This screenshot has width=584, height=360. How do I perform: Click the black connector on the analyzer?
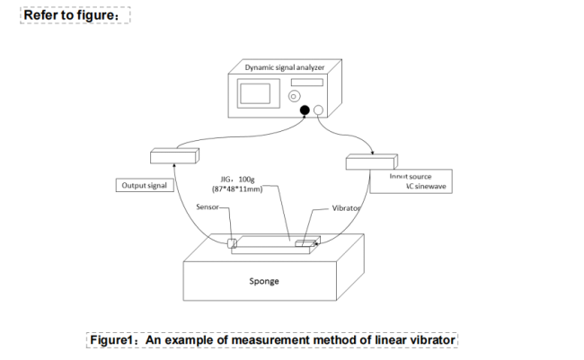click(305, 110)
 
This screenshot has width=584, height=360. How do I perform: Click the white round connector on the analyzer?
click(318, 110)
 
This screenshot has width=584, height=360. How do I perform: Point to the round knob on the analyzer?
click(294, 95)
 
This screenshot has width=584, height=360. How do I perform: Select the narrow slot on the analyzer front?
click(306, 83)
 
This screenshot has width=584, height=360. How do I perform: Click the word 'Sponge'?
click(264, 280)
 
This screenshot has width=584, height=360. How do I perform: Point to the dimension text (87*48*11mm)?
click(237, 190)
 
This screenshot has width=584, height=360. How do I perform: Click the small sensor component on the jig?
click(233, 242)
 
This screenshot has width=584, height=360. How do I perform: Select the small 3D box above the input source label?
click(370, 162)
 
